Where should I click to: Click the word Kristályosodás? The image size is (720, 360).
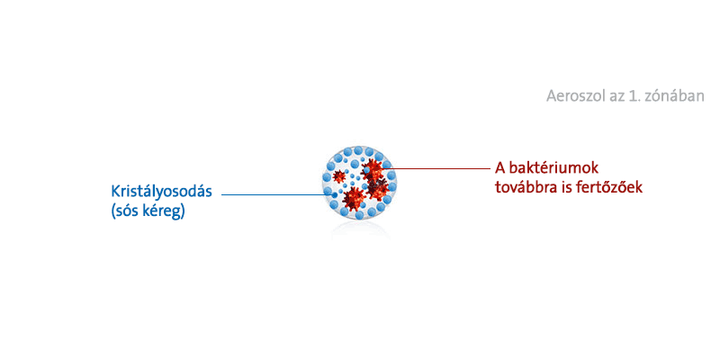click(x=161, y=192)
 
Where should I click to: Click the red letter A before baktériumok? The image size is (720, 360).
click(x=499, y=168)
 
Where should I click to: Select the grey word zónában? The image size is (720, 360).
click(x=677, y=96)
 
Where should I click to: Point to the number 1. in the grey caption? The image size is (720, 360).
click(x=636, y=96)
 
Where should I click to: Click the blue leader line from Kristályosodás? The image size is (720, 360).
click(x=278, y=194)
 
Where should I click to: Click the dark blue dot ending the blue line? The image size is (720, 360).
click(x=334, y=195)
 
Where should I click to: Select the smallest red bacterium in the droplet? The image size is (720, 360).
click(x=339, y=176)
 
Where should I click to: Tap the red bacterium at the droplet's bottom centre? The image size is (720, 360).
click(x=355, y=198)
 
